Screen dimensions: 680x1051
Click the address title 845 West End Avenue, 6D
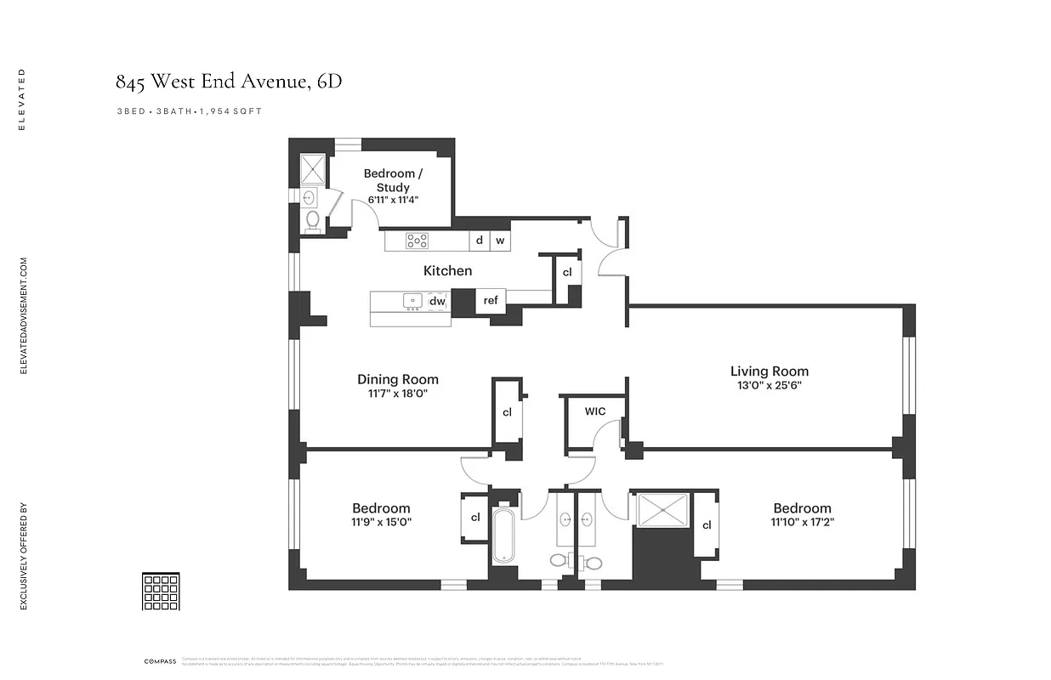(229, 82)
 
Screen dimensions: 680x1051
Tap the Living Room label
(769, 371)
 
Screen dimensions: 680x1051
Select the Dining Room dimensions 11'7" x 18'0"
(397, 394)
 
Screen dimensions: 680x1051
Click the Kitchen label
(447, 270)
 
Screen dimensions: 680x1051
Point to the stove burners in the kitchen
(417, 241)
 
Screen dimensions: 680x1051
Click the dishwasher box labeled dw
(437, 301)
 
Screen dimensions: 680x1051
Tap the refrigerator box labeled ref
(491, 300)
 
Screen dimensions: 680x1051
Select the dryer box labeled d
(480, 241)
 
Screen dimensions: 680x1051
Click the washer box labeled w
(500, 241)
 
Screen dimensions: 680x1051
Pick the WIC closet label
(595, 411)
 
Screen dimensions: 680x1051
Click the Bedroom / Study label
(392, 180)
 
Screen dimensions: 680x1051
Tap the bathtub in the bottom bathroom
(503, 535)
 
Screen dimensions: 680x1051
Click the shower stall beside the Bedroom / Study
(313, 170)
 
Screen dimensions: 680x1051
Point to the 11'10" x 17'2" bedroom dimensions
(801, 522)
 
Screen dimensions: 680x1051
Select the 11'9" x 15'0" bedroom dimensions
(381, 522)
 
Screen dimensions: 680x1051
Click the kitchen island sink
(412, 299)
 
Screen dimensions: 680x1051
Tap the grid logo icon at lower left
(160, 592)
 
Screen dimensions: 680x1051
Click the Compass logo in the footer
(160, 661)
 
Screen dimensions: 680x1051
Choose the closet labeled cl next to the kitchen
(567, 273)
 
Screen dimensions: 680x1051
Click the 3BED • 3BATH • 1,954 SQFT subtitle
(195, 111)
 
